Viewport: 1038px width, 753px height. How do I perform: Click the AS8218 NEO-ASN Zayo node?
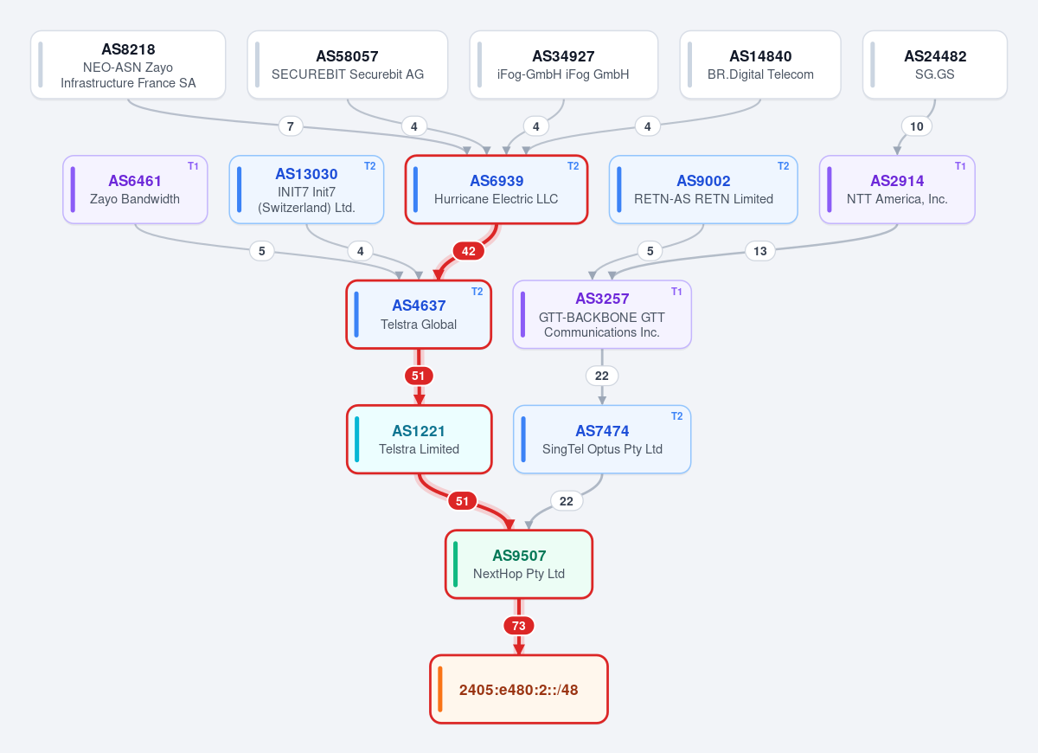pos(128,64)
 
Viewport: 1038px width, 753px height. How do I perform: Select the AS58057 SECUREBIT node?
pos(347,64)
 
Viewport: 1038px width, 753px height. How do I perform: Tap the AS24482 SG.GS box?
pos(935,64)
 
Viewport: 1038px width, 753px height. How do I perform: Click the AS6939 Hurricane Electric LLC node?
pos(497,190)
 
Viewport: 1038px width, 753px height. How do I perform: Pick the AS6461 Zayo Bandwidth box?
pos(135,190)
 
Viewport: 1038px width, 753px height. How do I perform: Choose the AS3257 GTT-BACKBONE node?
pos(602,314)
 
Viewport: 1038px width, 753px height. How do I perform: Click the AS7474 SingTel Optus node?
pos(602,439)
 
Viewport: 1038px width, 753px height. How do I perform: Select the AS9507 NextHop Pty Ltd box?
pos(518,564)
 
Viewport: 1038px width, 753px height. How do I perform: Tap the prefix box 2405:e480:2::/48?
pos(518,689)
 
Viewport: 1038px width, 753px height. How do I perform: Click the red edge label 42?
pos(469,251)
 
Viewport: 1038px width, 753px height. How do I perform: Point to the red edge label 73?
pos(518,626)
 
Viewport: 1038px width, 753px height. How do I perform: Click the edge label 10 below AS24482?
pos(916,126)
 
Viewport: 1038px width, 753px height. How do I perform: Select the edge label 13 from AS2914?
pos(760,251)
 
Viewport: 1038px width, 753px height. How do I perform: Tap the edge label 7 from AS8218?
pos(291,126)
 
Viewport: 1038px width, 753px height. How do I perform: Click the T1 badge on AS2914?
pos(960,166)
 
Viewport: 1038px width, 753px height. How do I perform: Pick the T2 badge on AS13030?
pos(370,166)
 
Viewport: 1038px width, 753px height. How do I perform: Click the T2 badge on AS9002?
pos(783,166)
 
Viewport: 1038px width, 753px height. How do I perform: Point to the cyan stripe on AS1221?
pos(356,439)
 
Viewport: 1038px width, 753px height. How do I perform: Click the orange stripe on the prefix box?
pos(439,689)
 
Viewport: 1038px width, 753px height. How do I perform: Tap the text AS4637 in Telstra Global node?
pos(419,306)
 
